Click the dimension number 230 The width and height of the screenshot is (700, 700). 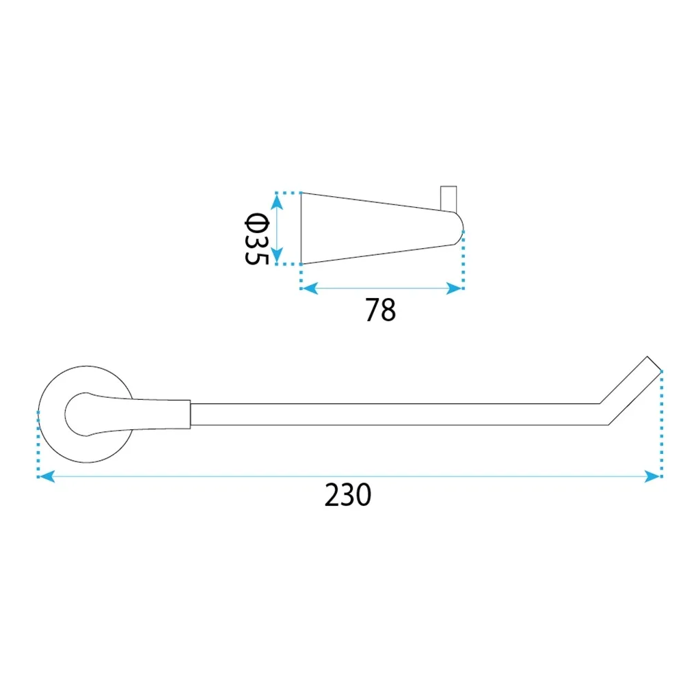348,495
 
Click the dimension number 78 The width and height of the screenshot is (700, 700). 380,310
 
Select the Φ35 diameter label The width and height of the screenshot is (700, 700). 257,239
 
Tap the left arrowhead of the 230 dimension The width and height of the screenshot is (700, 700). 46,476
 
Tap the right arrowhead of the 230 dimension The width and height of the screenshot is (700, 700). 652,476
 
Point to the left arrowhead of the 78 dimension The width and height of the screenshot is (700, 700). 310,288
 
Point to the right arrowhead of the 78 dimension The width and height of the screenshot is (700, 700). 454,288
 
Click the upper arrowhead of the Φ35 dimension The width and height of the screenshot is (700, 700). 277,202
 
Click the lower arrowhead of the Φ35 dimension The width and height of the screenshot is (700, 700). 277,255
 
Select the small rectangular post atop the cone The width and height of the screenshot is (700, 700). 448,199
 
